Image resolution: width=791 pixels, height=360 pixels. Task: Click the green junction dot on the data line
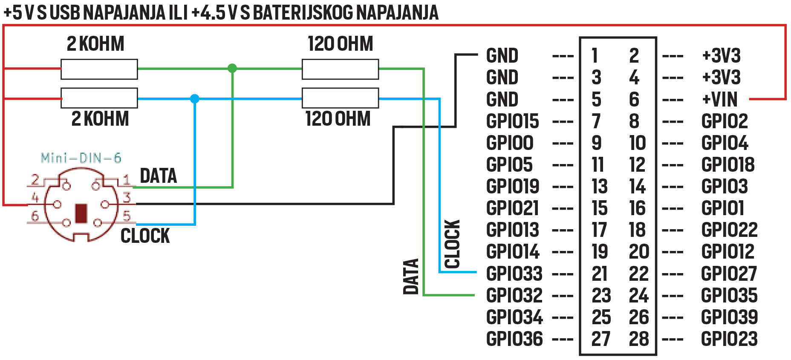coord(232,68)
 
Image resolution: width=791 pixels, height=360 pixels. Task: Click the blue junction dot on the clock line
coord(195,99)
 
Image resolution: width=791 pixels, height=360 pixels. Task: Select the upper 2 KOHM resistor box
coord(99,69)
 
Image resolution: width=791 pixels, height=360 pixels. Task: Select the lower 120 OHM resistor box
coord(340,98)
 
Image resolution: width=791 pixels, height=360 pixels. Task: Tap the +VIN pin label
coord(720,100)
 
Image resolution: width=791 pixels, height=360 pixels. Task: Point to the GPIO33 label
coord(514,274)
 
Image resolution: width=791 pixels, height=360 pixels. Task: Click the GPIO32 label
coord(514,295)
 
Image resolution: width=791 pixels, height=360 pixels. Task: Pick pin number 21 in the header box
coord(599,274)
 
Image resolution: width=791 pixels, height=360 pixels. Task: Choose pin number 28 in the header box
coord(638,339)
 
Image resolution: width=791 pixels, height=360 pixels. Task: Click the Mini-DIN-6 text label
coord(81,158)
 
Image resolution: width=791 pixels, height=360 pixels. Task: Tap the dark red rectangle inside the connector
coord(81,213)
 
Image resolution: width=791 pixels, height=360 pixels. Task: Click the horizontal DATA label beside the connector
coord(158,176)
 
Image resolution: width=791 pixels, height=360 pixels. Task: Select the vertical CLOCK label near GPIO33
coord(452,244)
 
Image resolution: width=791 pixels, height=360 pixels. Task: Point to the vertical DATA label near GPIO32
coord(411,276)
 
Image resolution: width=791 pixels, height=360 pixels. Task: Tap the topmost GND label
coord(502,56)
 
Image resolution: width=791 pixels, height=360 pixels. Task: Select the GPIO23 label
coord(729,339)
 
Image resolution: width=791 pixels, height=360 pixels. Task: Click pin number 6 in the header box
coord(634,100)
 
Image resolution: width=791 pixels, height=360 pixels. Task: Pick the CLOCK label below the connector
coord(145,236)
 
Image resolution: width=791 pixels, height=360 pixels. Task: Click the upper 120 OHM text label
coord(340,44)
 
